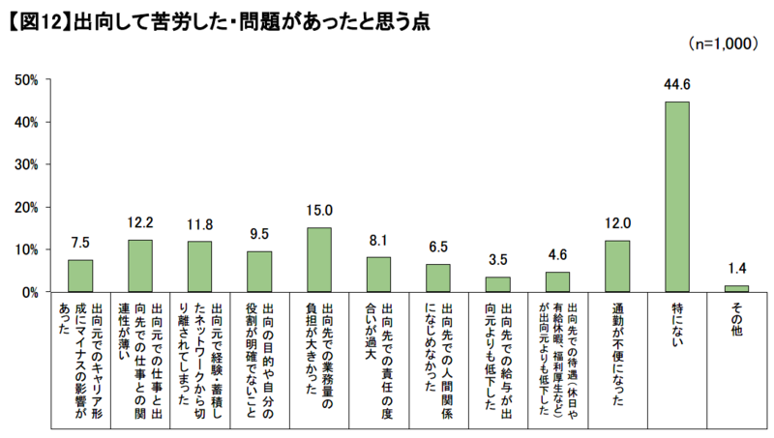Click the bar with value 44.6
[x=676, y=196]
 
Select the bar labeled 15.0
[x=319, y=259]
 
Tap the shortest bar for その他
[x=736, y=288]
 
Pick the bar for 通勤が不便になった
[x=617, y=266]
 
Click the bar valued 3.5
[x=497, y=284]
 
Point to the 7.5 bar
[x=80, y=276]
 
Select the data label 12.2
[x=140, y=223]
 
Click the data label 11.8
[x=199, y=225]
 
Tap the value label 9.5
[x=259, y=235]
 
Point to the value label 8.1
[x=378, y=241]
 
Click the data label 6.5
[x=438, y=248]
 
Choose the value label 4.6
[x=557, y=255]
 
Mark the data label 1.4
[x=736, y=269]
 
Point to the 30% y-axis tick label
[x=27, y=164]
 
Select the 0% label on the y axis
[x=30, y=292]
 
